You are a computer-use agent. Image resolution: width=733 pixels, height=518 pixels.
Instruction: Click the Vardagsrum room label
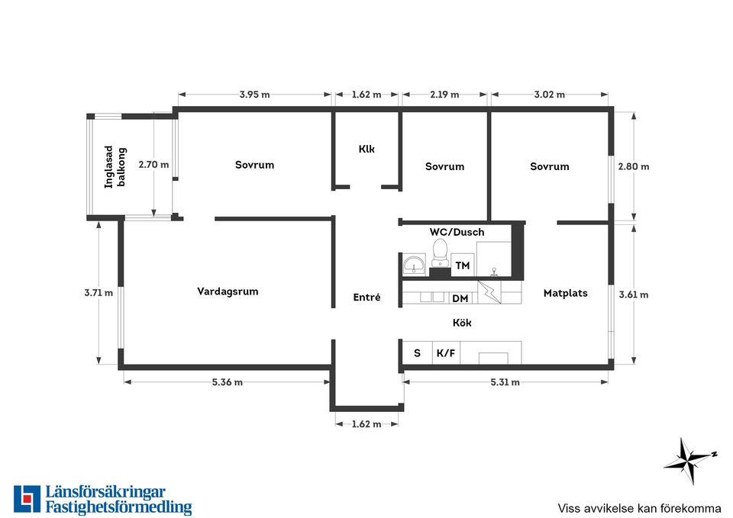228,291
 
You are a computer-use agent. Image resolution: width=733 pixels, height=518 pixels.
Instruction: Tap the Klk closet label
366,149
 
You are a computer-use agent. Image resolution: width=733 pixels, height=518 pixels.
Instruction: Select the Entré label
366,297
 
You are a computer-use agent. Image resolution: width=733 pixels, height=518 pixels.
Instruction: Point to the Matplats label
565,294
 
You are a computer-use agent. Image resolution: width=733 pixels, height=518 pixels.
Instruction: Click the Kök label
462,322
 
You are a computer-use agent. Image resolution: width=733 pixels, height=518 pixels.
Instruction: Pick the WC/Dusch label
457,232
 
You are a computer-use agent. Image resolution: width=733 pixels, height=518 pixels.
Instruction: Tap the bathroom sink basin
414,265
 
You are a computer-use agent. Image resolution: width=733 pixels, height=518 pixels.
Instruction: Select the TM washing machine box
463,265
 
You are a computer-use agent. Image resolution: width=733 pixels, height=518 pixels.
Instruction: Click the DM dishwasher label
460,298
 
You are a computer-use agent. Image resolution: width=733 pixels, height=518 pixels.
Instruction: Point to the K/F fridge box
446,352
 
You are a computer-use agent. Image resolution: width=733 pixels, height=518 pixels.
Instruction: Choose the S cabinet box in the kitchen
418,352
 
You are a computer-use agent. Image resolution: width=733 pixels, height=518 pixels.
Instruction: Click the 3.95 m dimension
255,95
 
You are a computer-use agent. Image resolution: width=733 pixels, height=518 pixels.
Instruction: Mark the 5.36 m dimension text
228,382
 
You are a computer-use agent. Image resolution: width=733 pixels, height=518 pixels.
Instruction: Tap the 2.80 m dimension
634,166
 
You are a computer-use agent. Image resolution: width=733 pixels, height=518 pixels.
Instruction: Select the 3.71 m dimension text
98,293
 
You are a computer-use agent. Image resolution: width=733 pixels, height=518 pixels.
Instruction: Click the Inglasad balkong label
115,167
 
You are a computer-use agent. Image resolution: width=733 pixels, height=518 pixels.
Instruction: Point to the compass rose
689,461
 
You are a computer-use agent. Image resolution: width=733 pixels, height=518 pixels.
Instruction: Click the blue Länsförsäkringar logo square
27,499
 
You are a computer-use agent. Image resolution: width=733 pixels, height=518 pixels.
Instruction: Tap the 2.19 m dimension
444,95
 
